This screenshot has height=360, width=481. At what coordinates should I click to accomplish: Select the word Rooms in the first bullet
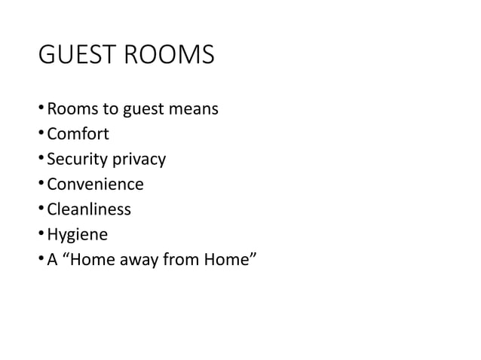pyautogui.click(x=70, y=110)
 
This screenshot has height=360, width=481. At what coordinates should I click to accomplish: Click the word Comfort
pyautogui.click(x=78, y=135)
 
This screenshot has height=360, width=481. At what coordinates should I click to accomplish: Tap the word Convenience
pyautogui.click(x=96, y=185)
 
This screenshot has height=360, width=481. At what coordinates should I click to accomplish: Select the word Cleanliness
pyautogui.click(x=90, y=209)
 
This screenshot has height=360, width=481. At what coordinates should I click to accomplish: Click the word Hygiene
pyautogui.click(x=78, y=235)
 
